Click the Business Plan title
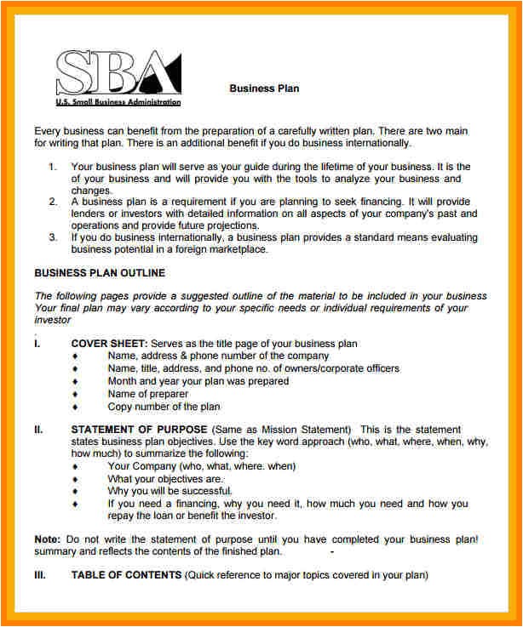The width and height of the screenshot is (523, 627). (264, 88)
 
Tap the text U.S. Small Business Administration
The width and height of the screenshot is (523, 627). (118, 102)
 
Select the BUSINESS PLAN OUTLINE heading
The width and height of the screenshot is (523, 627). (99, 273)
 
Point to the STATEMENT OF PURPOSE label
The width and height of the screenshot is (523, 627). (139, 430)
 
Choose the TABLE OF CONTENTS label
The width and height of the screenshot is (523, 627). (126, 575)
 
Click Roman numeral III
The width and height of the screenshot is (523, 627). (39, 575)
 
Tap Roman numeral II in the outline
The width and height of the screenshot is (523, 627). (38, 430)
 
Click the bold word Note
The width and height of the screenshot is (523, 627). (46, 539)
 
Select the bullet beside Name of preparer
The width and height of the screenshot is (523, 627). (75, 394)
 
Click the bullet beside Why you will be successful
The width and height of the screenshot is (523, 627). (75, 491)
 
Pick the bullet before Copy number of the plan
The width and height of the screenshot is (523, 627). (75, 407)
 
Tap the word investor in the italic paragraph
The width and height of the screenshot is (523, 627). (54, 321)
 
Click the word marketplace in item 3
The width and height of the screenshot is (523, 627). (239, 250)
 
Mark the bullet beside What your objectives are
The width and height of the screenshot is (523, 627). (75, 478)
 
